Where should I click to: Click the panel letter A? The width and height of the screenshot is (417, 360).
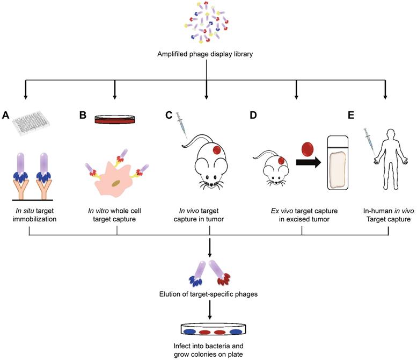[6, 115]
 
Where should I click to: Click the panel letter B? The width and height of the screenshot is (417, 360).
[83, 115]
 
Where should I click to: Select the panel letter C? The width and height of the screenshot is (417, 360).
[168, 115]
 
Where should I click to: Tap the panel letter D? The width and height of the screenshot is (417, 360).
[253, 115]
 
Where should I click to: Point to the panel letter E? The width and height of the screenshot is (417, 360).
[352, 115]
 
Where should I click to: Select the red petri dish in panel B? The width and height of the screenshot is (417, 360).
[114, 119]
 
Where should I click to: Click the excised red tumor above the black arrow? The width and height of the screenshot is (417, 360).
[306, 149]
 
